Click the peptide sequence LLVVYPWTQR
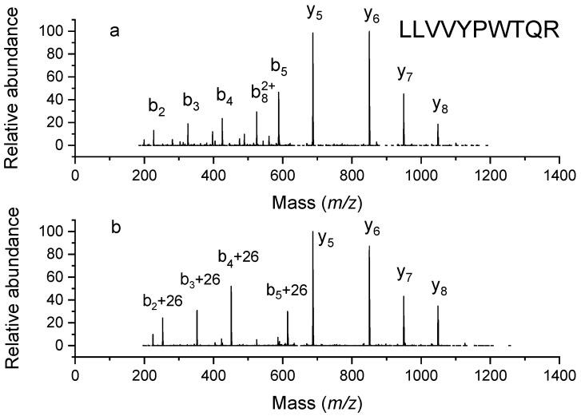(478, 34)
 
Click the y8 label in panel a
(440, 104)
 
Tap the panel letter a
(115, 33)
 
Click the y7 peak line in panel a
(404, 120)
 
